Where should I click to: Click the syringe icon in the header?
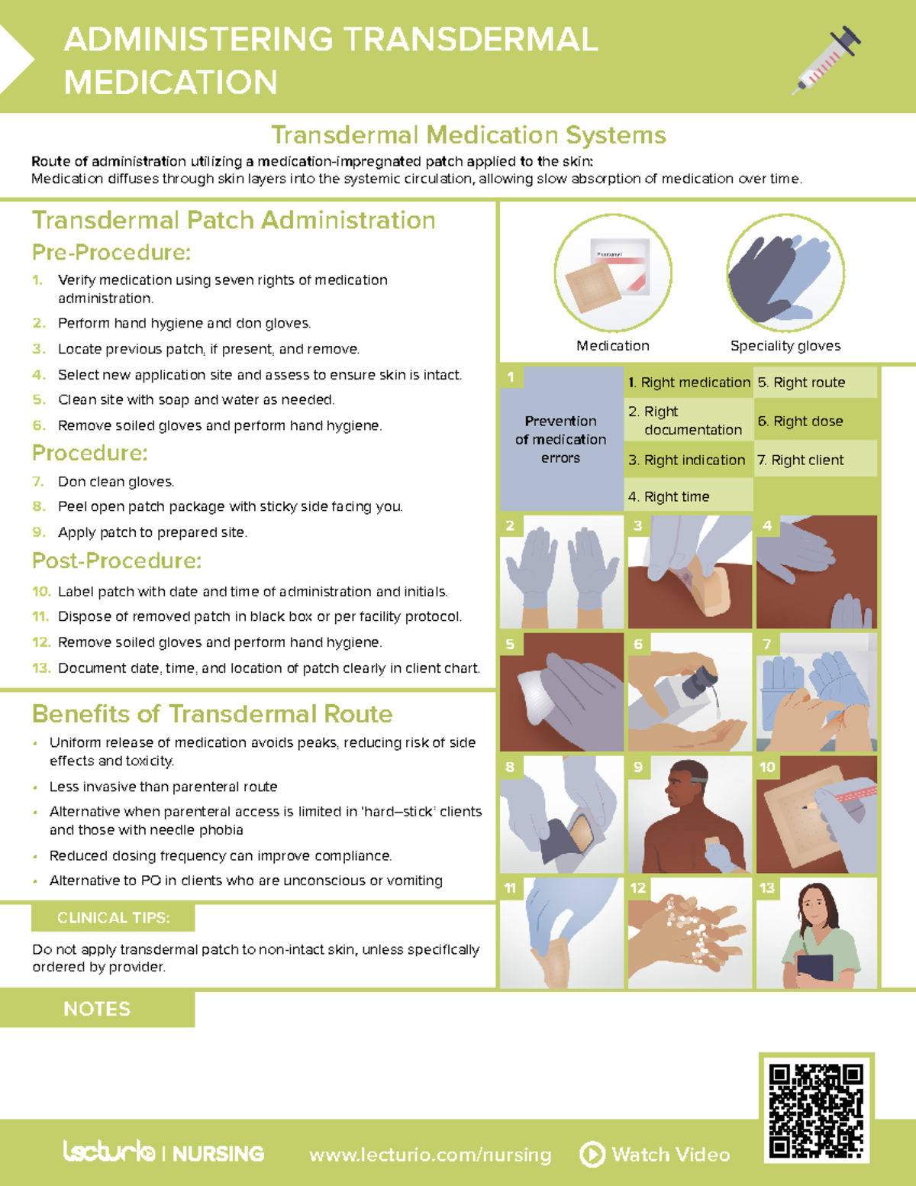[x=827, y=59]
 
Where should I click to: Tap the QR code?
[x=816, y=1110]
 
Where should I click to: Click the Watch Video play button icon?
[x=592, y=1154]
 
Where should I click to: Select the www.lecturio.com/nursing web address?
[x=430, y=1155]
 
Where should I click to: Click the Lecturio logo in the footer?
[x=109, y=1151]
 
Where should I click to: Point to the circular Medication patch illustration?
[x=613, y=273]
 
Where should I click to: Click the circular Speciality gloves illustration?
[x=785, y=273]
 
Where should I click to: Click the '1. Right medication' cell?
[x=689, y=383]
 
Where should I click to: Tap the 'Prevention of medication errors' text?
[x=561, y=439]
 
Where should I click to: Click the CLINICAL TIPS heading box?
[x=113, y=917]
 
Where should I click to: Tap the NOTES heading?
[x=97, y=1009]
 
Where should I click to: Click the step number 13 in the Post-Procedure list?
[x=41, y=668]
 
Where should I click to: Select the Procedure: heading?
[x=90, y=453]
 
